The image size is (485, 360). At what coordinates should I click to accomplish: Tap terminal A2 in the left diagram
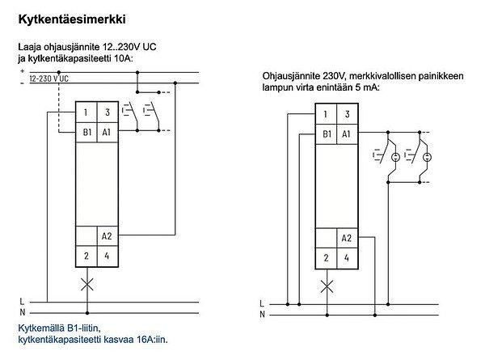[107, 236]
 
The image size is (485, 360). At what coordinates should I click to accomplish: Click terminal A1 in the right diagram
[346, 133]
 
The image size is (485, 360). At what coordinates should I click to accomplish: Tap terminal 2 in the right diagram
[325, 258]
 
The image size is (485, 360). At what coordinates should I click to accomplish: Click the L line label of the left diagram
[22, 302]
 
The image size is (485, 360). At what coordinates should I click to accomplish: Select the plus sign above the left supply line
[22, 70]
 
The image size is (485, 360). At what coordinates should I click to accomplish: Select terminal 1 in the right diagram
[325, 115]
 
